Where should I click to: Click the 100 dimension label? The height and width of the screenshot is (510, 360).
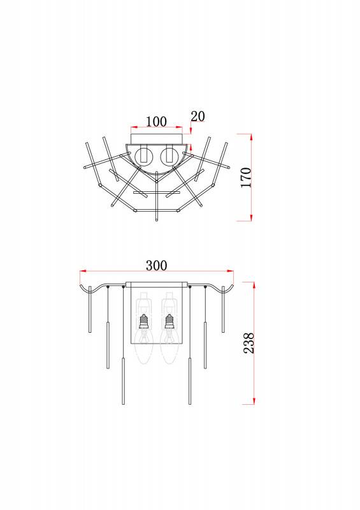pos(156,122)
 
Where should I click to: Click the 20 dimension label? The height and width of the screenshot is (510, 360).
pos(198,116)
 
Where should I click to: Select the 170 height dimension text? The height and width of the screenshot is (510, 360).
pos(246,177)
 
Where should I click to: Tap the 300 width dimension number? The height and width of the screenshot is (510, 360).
pos(156,265)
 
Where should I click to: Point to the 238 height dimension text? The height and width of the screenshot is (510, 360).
pos(248,343)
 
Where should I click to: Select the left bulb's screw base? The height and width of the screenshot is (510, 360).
pos(144,322)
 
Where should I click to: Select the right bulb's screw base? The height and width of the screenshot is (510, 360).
pos(169,322)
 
